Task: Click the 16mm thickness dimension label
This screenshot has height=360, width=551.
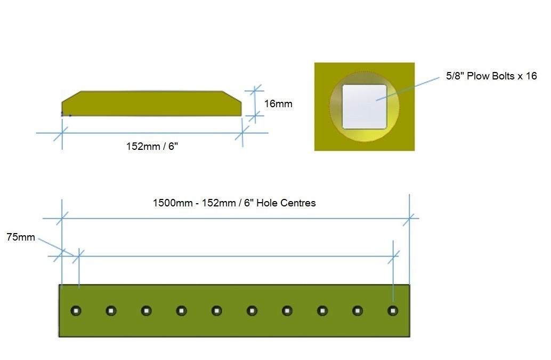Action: pyautogui.click(x=278, y=103)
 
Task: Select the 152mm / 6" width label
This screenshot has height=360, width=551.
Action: pyautogui.click(x=152, y=146)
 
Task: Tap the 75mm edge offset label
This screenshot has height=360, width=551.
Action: pyautogui.click(x=21, y=237)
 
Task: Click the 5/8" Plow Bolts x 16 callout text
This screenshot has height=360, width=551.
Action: pyautogui.click(x=491, y=76)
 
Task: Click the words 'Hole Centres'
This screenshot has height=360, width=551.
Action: pyautogui.click(x=286, y=203)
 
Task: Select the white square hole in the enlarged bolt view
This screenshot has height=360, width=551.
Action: pyautogui.click(x=364, y=107)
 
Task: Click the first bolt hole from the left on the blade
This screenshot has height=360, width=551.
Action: pyautogui.click(x=76, y=311)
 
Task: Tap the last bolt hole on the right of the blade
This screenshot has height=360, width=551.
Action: pyautogui.click(x=393, y=311)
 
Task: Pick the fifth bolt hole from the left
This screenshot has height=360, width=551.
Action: pyautogui.click(x=217, y=311)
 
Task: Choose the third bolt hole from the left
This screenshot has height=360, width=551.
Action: pyautogui.click(x=146, y=311)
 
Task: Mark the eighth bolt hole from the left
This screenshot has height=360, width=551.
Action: pyautogui.click(x=322, y=311)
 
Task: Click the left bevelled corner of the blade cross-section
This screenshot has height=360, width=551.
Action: pyautogui.click(x=71, y=97)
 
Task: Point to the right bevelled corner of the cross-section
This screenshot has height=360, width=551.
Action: pyautogui.click(x=232, y=97)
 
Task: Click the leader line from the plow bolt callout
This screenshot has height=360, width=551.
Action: pyautogui.click(x=408, y=89)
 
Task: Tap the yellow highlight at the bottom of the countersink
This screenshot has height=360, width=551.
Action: pyautogui.click(x=366, y=135)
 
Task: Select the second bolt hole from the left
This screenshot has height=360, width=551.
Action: pyautogui.click(x=111, y=311)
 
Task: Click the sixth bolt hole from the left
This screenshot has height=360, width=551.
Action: pyautogui.click(x=252, y=311)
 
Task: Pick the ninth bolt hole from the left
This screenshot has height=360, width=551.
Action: pyautogui.click(x=358, y=311)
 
